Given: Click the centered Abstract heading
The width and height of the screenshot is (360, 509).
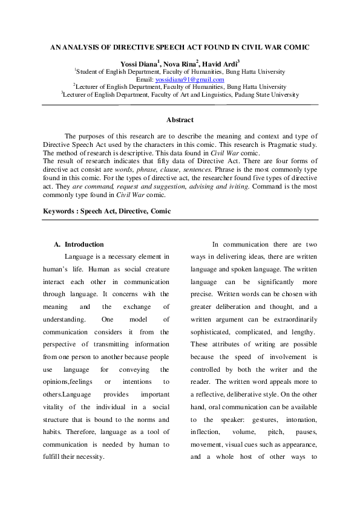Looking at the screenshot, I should coord(180,120).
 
